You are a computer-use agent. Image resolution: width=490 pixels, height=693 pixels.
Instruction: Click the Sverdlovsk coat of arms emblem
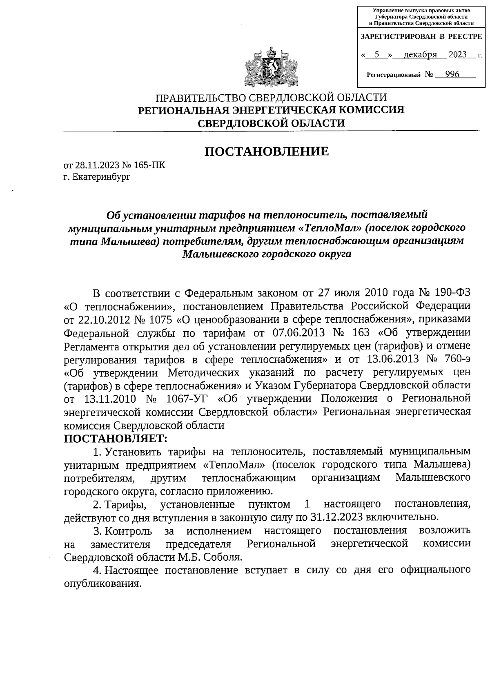tap(270, 67)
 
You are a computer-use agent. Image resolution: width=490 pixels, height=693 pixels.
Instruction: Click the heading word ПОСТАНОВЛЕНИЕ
tap(266, 152)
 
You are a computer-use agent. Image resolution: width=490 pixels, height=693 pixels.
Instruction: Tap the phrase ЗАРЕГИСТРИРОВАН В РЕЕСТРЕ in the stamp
tap(421, 37)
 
